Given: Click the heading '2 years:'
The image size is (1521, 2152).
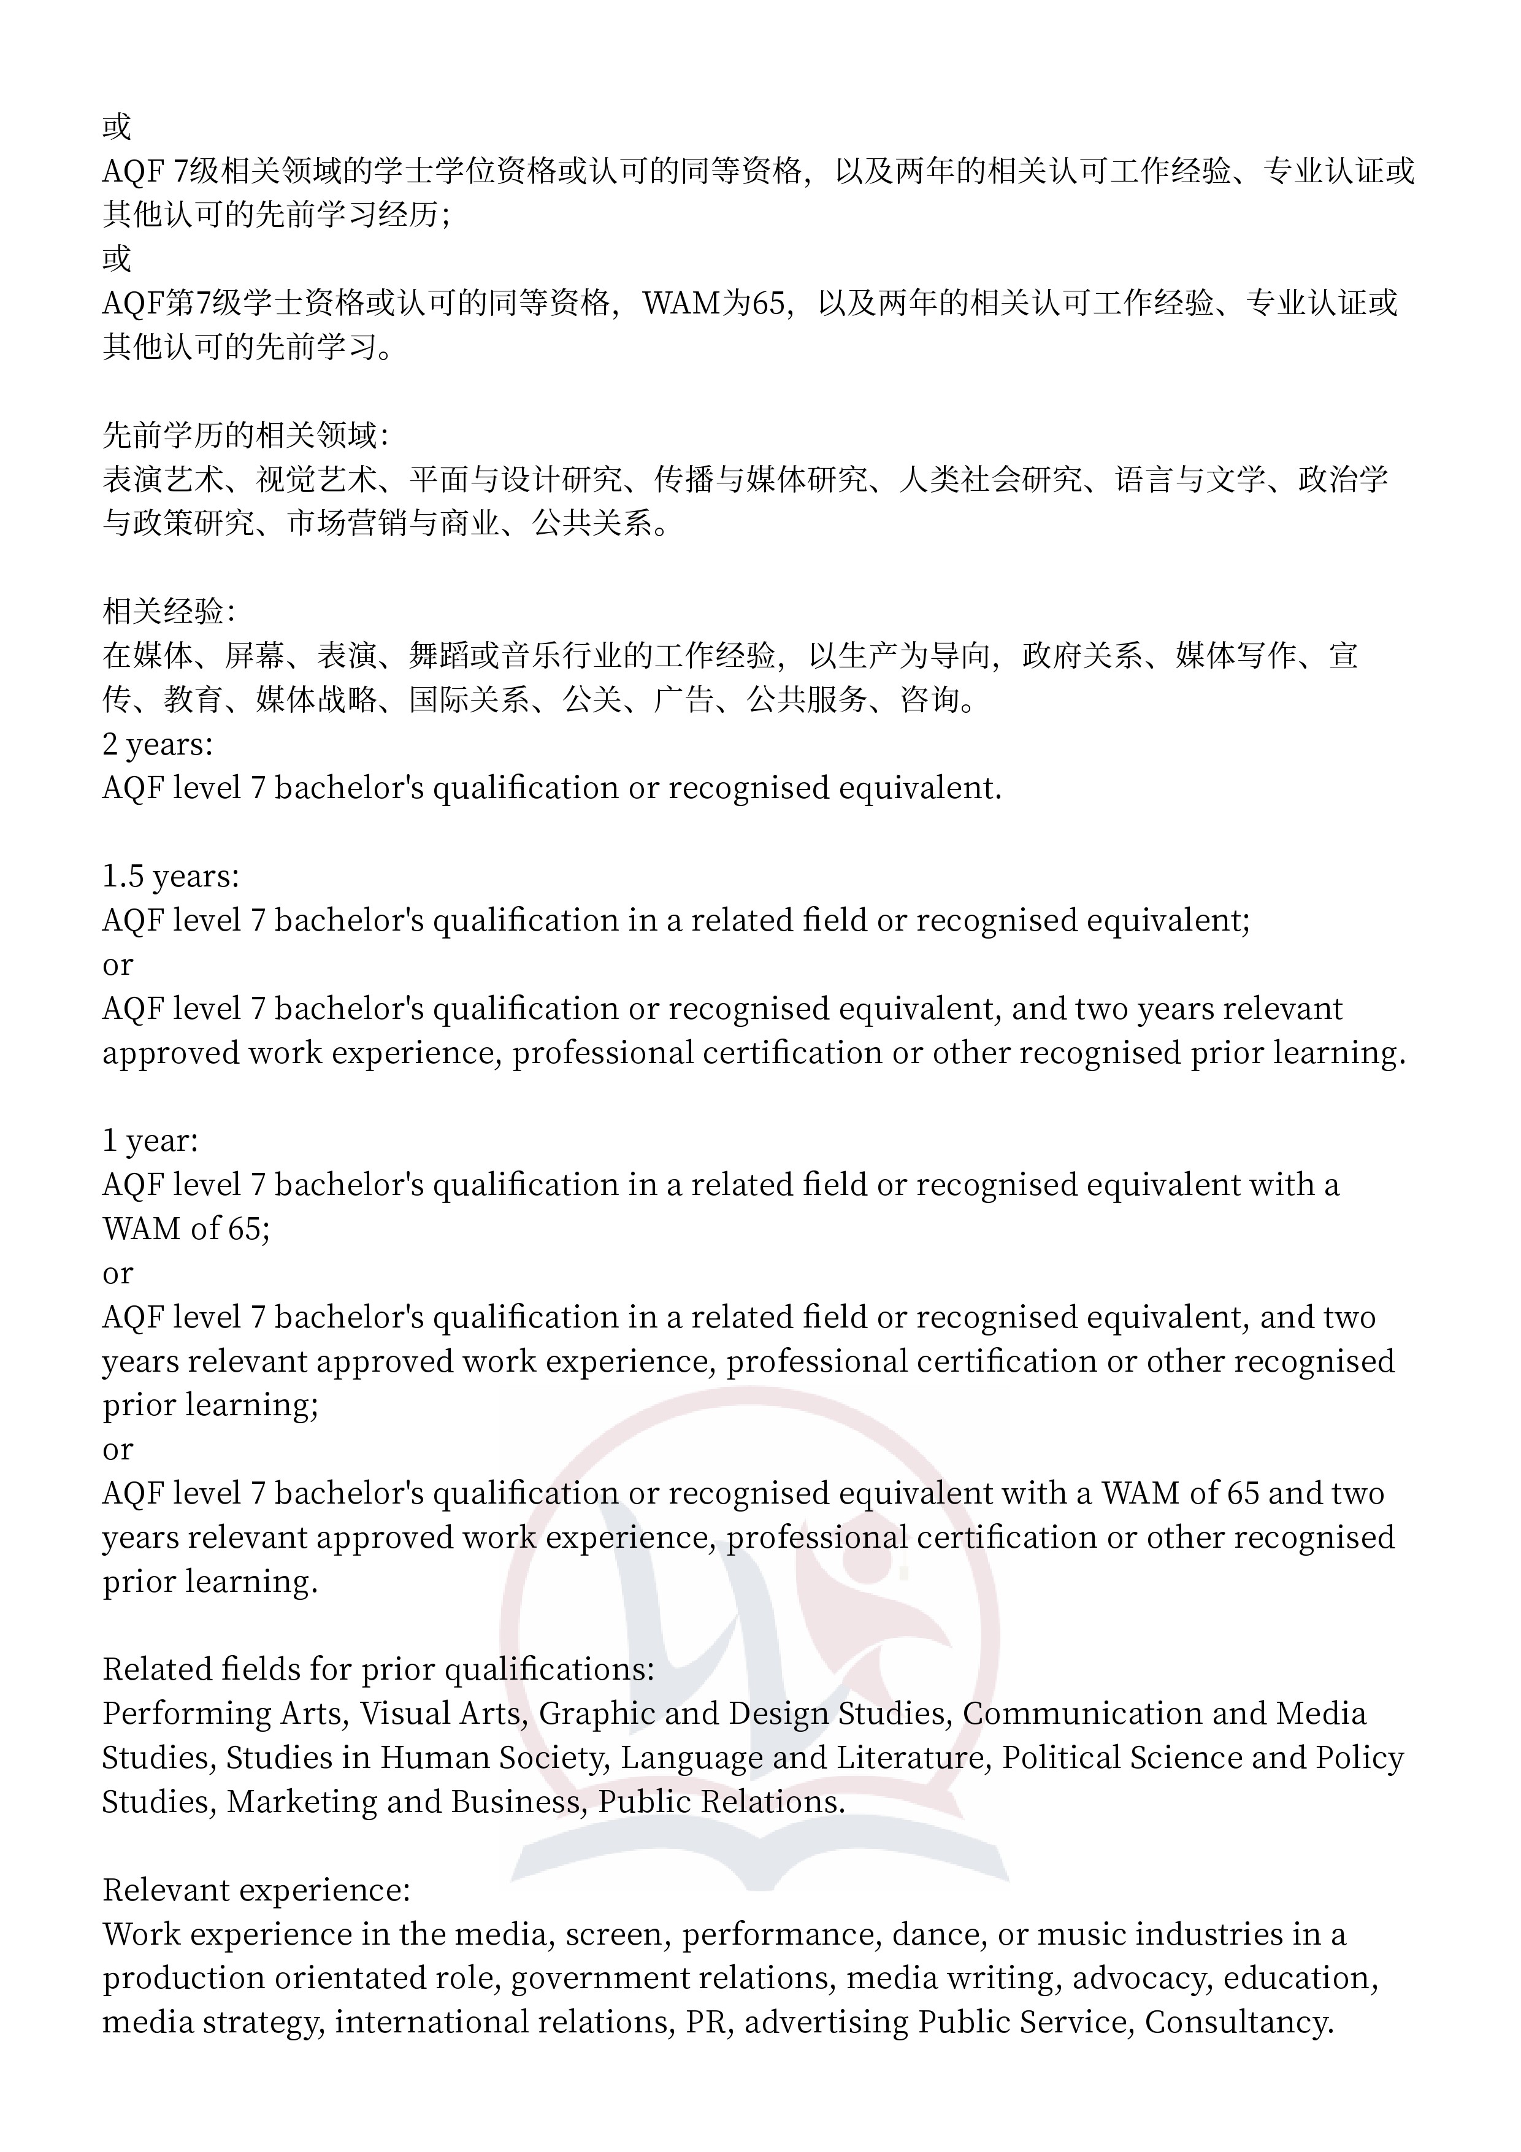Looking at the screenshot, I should pyautogui.click(x=158, y=744).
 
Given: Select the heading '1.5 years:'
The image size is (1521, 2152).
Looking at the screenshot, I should pyautogui.click(x=170, y=877).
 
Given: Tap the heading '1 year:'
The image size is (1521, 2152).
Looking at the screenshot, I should pyautogui.click(x=150, y=1140).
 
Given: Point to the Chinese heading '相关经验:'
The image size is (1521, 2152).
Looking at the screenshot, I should pyautogui.click(x=169, y=611).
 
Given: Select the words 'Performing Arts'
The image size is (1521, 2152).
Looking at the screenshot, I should pyautogui.click(x=222, y=1714).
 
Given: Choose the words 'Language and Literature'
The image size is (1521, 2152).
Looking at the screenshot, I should pyautogui.click(x=803, y=1758).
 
